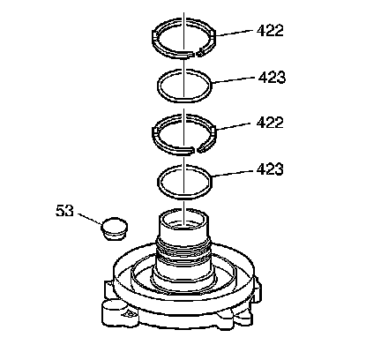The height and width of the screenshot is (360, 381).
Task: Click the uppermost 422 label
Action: coord(270,31)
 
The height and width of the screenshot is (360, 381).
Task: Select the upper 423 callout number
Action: coord(272,78)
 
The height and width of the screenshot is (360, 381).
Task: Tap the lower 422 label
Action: coord(270,123)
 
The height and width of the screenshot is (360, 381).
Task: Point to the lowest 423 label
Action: coord(270,169)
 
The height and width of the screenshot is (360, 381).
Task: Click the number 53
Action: coord(64,211)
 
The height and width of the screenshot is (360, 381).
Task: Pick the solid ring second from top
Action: coord(159,86)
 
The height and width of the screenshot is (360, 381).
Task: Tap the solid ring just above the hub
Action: coord(159,181)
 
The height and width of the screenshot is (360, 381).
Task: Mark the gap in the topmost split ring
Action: coord(197,54)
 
